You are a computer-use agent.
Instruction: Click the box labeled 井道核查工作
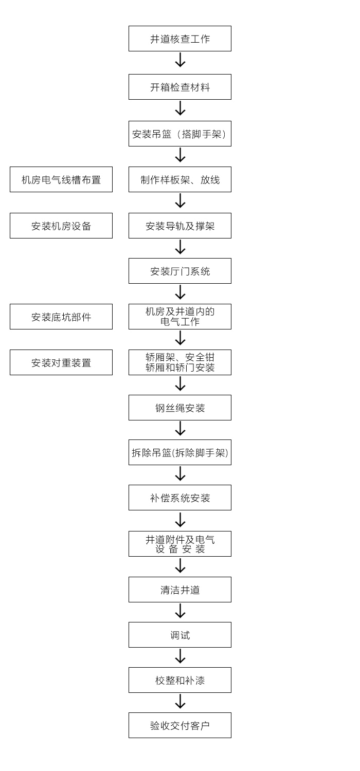(x=180, y=39)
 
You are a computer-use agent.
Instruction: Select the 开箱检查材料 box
(x=180, y=87)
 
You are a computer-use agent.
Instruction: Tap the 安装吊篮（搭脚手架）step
(x=180, y=134)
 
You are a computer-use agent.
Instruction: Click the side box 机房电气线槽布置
(x=61, y=179)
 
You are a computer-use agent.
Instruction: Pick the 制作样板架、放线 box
(x=180, y=179)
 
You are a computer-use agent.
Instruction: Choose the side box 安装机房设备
(x=61, y=226)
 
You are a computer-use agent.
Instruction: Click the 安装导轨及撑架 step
(x=180, y=226)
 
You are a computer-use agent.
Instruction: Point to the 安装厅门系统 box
(x=180, y=271)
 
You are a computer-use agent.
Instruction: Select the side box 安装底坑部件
(x=61, y=317)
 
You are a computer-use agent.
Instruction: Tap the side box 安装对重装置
(x=61, y=362)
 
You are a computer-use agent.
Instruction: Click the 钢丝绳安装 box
(x=180, y=408)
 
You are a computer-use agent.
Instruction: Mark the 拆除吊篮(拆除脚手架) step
(x=180, y=452)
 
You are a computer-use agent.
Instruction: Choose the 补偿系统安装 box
(x=180, y=498)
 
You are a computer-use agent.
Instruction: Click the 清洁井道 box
(x=180, y=590)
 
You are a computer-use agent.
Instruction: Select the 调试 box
(x=180, y=635)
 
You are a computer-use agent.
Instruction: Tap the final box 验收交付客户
(x=180, y=725)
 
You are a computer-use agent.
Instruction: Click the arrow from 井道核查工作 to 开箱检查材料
(x=180, y=60)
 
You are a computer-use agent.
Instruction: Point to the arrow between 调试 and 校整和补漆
(x=180, y=656)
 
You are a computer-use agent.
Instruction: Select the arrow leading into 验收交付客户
(x=180, y=701)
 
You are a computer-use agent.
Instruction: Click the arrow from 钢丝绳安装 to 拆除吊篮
(x=180, y=429)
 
